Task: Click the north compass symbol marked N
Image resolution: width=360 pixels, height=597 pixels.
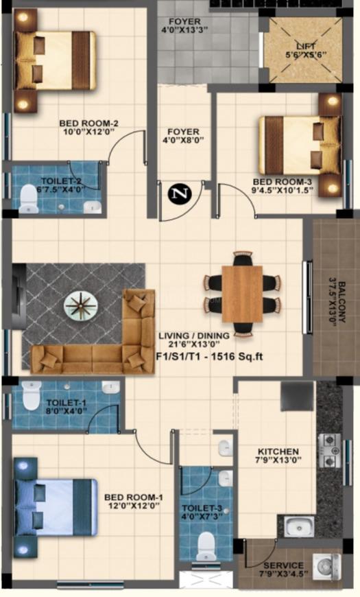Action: tap(180, 194)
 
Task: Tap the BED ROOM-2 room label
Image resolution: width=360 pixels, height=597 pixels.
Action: tap(89, 124)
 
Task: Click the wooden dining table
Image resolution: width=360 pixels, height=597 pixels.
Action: tap(242, 293)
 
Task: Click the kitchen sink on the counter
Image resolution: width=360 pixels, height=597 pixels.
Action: tap(300, 527)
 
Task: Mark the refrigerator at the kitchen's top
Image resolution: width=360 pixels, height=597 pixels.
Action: tap(297, 396)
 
